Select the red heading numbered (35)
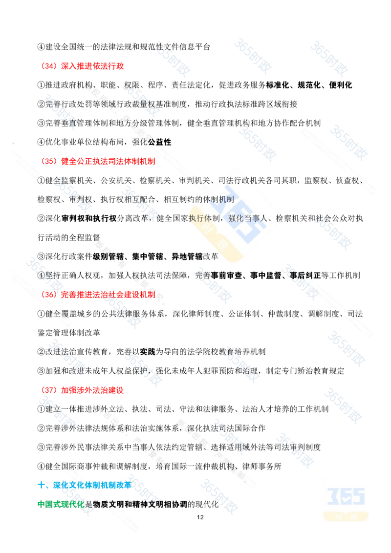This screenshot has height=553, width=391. click(98, 160)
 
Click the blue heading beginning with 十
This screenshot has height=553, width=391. click(83, 485)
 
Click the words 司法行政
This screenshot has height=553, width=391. click(235, 181)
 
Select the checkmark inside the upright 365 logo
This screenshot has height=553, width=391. click(346, 497)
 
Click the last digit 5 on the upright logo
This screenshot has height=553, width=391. click(359, 497)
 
